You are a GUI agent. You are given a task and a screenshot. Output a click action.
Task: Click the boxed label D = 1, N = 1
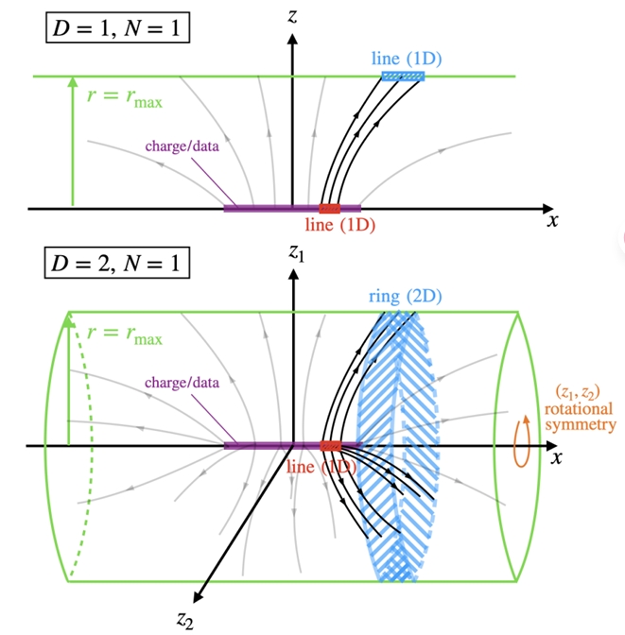(x=117, y=27)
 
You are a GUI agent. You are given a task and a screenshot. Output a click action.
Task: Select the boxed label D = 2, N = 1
(x=116, y=263)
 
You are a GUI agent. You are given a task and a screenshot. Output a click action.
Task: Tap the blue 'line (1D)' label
(x=407, y=59)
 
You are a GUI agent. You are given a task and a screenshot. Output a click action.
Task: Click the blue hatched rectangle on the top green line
(x=404, y=77)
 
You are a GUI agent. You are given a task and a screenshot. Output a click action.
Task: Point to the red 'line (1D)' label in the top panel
(x=340, y=225)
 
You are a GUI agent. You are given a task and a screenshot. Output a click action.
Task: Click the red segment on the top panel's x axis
(x=330, y=209)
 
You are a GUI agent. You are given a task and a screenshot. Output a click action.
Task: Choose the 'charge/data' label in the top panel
(x=182, y=146)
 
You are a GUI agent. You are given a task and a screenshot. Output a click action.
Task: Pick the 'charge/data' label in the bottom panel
(x=182, y=383)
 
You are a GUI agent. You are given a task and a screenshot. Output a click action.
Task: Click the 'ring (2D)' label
(x=406, y=297)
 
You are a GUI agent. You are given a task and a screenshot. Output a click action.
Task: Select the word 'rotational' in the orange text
(x=579, y=409)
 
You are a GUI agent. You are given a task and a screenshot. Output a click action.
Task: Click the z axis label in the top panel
(x=292, y=16)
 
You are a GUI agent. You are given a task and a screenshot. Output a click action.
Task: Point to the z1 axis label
(x=296, y=252)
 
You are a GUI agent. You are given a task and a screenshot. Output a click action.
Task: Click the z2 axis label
(x=184, y=620)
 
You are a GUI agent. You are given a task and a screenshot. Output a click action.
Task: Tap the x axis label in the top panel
(x=552, y=221)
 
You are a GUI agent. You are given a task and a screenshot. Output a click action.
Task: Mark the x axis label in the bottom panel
(x=556, y=457)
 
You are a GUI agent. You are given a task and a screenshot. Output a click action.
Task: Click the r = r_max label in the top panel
(x=125, y=98)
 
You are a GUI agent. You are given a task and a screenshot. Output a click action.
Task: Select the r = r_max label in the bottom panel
(x=125, y=335)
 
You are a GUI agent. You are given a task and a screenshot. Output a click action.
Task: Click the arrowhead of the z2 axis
(x=198, y=596)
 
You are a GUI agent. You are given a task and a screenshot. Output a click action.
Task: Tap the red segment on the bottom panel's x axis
(x=330, y=446)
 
